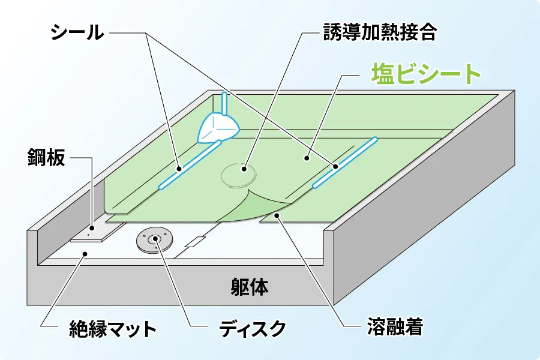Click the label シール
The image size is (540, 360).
coord(77,33)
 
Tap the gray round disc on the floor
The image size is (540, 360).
coord(154,240)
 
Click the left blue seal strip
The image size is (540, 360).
coord(189,164)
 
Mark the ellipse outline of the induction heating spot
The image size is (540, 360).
coord(239,175)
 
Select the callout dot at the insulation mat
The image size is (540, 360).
coord(85,254)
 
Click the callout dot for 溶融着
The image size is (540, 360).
coord(276,215)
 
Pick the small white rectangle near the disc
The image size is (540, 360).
coord(195,242)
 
